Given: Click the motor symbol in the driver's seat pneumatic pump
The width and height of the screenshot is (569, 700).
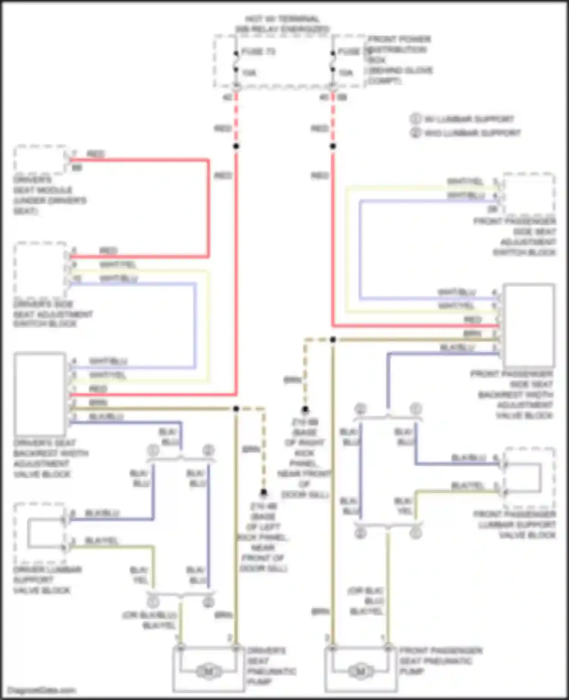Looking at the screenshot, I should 208,672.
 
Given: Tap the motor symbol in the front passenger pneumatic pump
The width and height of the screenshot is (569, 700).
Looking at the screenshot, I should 360,671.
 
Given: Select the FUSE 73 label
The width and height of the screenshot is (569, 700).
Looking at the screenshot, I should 258,52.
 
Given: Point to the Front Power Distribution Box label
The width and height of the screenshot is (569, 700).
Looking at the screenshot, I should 399,60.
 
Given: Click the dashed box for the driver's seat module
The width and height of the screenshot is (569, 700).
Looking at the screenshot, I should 40,160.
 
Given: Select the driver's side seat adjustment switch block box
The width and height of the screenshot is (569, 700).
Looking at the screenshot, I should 40,270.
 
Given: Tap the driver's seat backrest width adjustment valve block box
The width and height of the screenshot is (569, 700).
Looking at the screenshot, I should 39,394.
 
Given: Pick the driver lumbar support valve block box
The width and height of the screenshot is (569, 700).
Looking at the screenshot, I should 39,533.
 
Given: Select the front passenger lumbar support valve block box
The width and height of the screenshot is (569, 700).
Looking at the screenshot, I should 530,478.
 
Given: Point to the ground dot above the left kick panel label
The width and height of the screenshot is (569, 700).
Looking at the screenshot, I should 264,493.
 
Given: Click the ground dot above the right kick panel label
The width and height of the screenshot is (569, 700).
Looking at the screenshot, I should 305,410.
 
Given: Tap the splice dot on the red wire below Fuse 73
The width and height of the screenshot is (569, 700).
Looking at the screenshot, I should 236,146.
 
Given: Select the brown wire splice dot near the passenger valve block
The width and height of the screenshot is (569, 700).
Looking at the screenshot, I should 333,340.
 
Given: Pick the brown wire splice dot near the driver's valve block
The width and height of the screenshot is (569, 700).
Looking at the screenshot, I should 236,409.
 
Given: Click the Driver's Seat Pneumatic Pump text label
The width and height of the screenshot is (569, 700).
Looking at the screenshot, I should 271,666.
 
